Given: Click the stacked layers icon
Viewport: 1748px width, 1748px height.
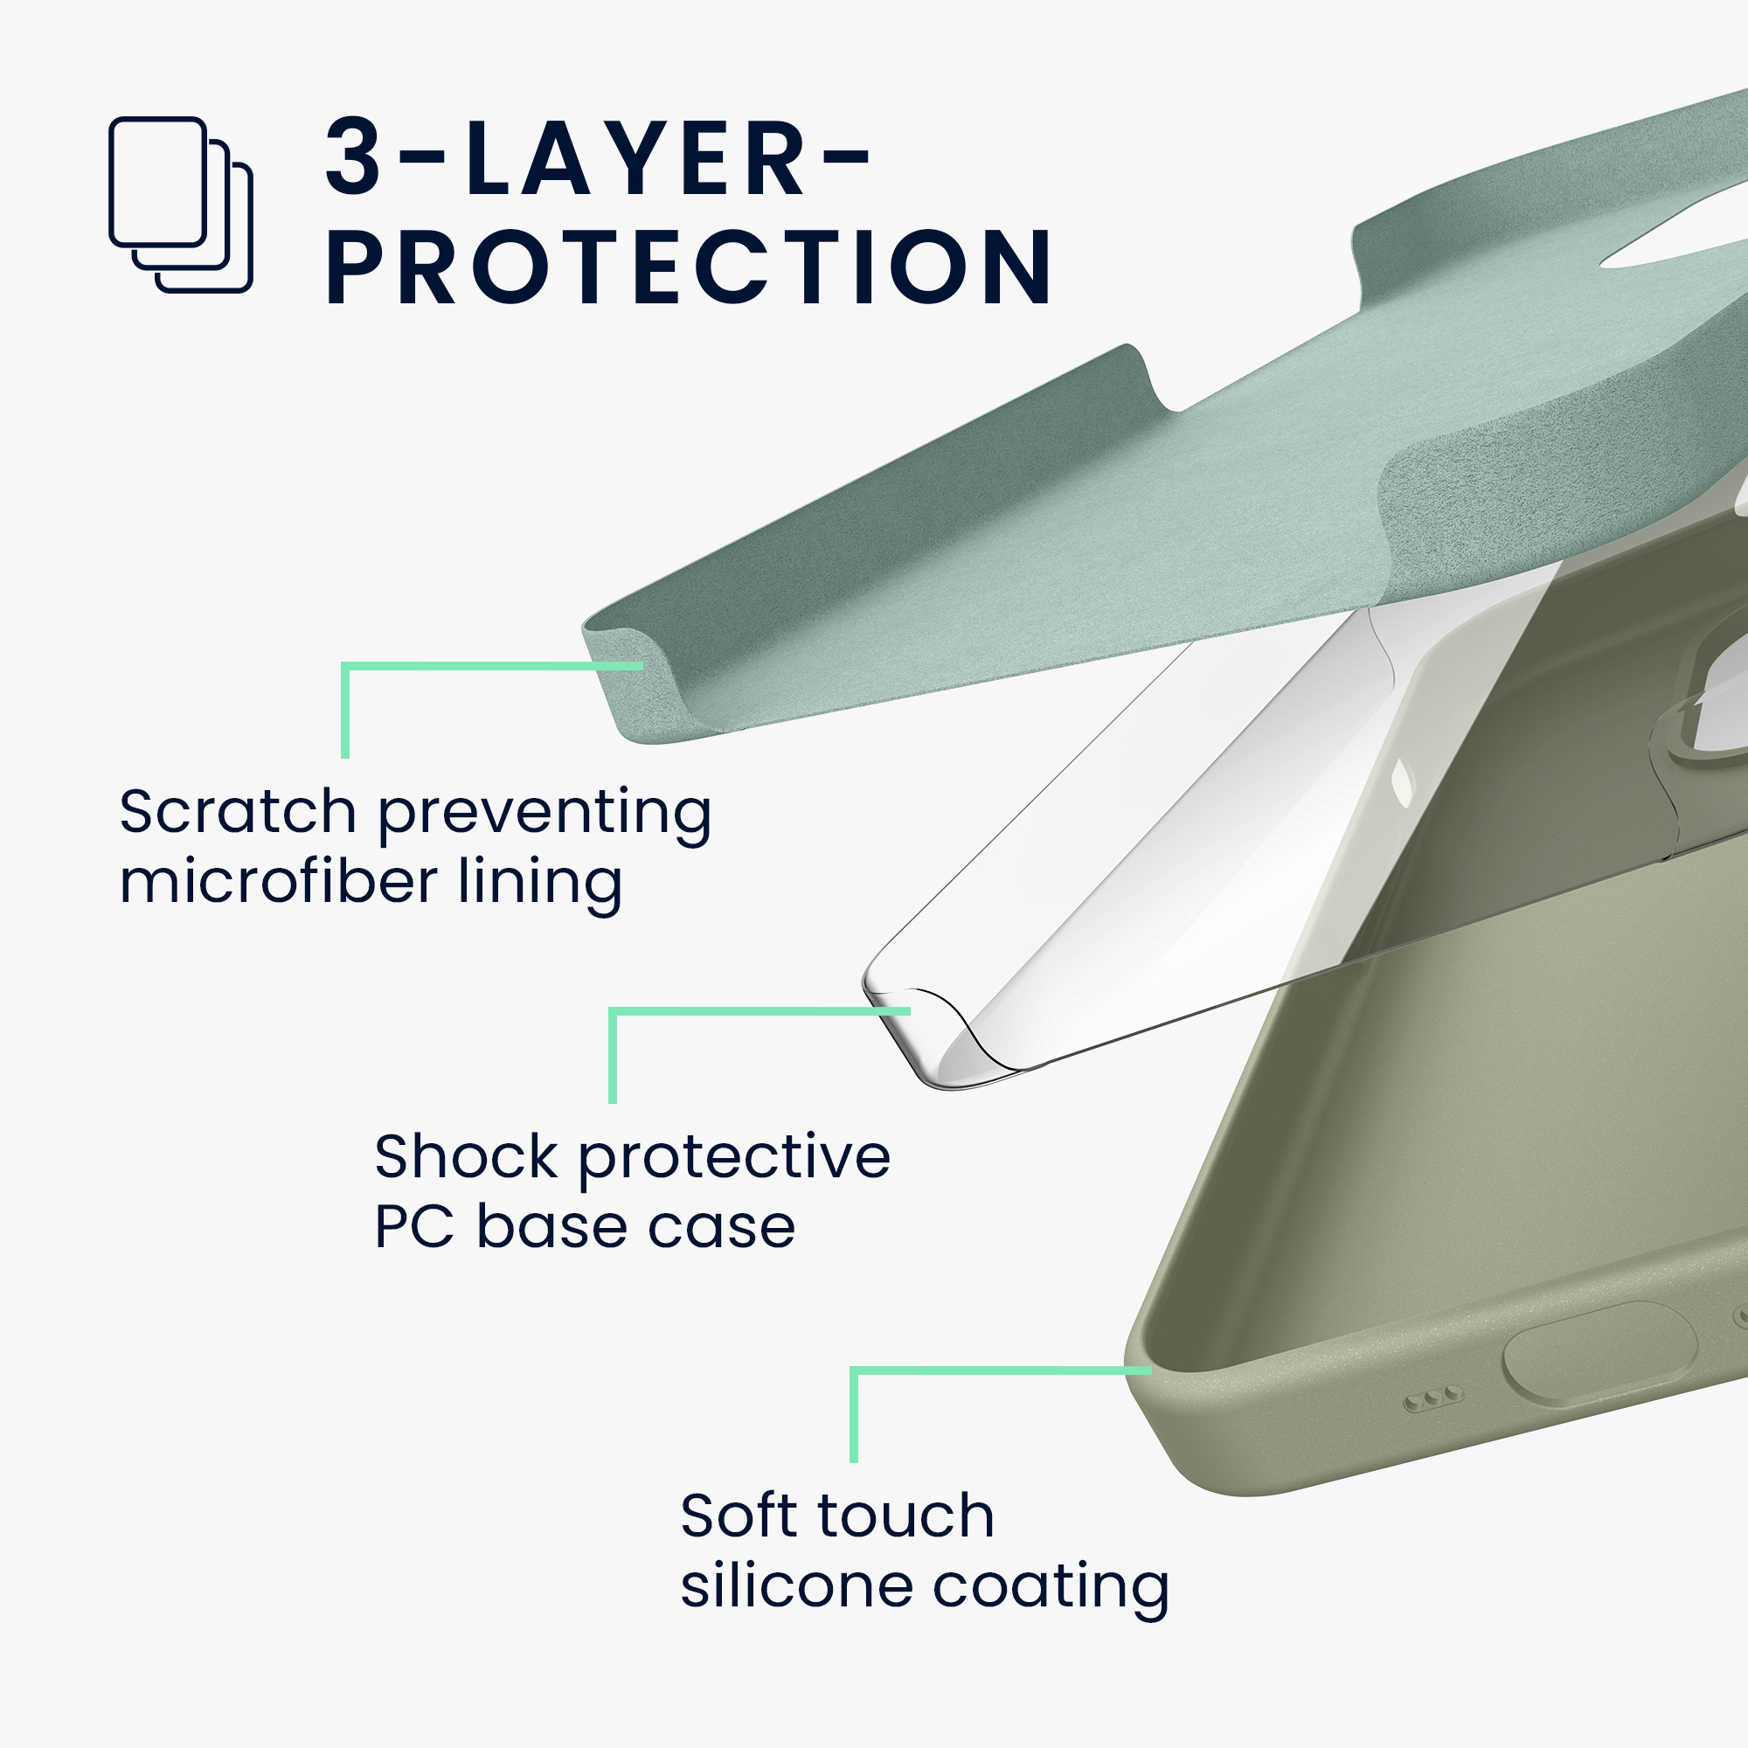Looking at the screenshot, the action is point(180,205).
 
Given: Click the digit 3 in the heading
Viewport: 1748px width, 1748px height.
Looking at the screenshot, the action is point(354,156).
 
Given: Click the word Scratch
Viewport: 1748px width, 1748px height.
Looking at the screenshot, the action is point(238,811).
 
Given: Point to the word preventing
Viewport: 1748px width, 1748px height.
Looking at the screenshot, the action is point(545,816).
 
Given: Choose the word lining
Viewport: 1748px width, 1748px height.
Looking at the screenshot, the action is point(540,885).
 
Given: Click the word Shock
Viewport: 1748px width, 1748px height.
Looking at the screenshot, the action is point(467,1156).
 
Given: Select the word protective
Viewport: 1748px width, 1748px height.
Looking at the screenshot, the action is point(735,1161).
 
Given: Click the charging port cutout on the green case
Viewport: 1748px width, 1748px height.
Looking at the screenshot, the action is point(1599,1355).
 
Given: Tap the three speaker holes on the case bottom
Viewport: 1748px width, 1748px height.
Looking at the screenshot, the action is point(1433,1398).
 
